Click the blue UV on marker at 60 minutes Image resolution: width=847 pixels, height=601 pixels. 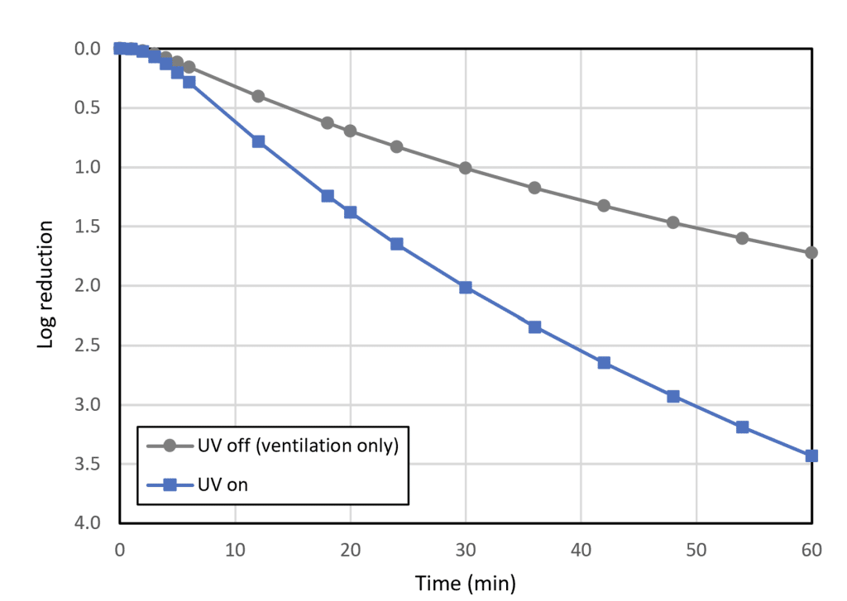(x=811, y=456)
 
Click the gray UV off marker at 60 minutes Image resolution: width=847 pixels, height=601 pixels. (x=811, y=252)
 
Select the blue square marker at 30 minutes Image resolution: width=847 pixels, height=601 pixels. (x=466, y=288)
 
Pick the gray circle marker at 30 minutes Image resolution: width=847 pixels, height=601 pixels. (x=466, y=168)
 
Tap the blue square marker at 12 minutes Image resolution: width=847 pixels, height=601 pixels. (x=258, y=141)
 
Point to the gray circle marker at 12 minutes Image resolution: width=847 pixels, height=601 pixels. (x=258, y=96)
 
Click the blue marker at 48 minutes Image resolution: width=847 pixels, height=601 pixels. (x=673, y=396)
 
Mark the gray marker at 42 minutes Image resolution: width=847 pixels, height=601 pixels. (x=604, y=205)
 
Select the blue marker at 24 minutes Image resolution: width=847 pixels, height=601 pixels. (x=396, y=244)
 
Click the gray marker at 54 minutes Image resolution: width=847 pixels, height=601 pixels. (x=742, y=238)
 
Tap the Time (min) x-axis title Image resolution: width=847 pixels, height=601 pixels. (x=465, y=584)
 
